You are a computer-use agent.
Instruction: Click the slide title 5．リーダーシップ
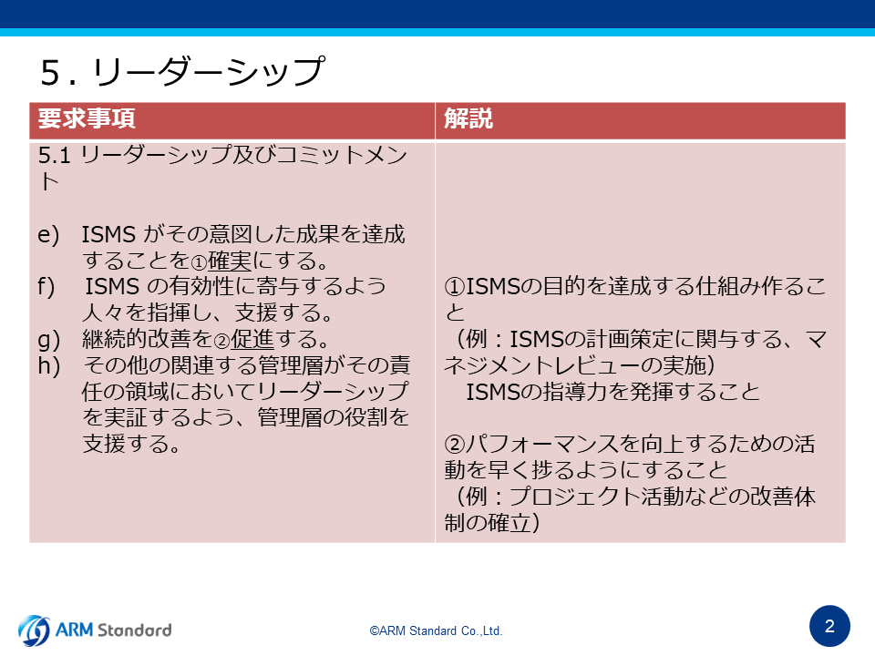click(182, 71)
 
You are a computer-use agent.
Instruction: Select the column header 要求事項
click(87, 118)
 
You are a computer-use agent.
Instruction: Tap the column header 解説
click(468, 118)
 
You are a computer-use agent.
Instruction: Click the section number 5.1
click(54, 155)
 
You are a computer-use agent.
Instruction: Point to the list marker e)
click(48, 234)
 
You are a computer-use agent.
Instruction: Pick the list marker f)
click(46, 287)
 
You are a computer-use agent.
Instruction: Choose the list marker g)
click(48, 340)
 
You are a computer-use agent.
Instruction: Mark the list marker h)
click(48, 366)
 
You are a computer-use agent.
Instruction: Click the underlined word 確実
click(230, 261)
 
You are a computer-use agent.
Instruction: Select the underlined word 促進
click(252, 339)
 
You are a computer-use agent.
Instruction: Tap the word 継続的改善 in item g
click(137, 339)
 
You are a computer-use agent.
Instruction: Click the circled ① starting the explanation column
click(455, 287)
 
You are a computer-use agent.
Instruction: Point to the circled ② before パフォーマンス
click(455, 445)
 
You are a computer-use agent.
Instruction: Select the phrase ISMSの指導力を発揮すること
click(612, 392)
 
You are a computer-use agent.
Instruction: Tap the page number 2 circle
click(829, 627)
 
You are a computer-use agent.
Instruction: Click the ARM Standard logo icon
click(34, 630)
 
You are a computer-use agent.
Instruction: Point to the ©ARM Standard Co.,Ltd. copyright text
click(436, 630)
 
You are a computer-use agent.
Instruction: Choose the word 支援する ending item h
click(131, 444)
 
